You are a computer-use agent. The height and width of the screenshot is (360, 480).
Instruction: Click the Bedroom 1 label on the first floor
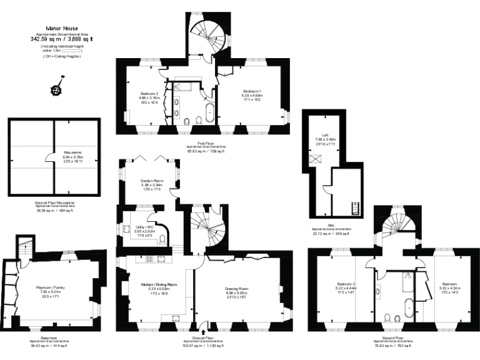(252, 91)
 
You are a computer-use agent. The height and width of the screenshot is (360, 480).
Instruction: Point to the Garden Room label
(152, 181)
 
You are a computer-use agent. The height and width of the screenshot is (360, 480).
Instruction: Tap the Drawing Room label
(236, 288)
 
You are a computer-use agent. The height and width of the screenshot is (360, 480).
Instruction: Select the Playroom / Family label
(50, 288)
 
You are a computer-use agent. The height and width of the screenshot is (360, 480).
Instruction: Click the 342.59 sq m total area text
(61, 39)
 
